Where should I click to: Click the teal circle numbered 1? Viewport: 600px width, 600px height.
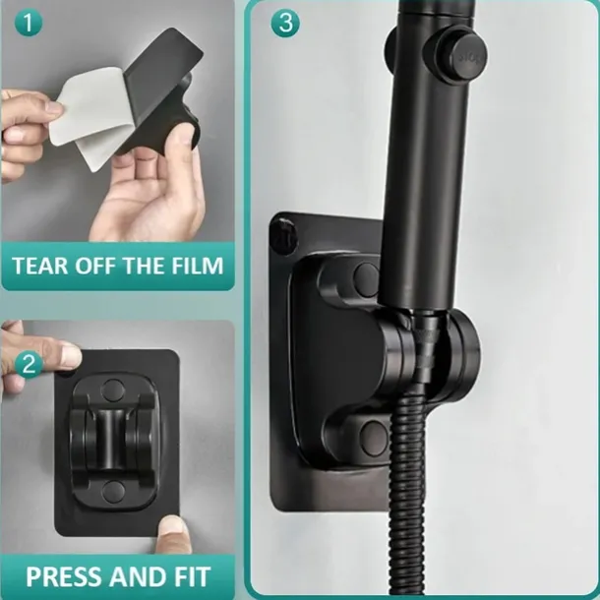(x=29, y=24)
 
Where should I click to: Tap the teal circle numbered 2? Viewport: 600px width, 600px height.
(x=30, y=365)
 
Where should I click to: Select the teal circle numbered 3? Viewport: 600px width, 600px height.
(x=285, y=24)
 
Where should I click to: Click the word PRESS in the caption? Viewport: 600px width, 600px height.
(x=64, y=576)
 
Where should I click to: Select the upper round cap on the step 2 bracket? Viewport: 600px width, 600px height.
(x=113, y=390)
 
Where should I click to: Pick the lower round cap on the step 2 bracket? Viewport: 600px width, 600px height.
(x=113, y=492)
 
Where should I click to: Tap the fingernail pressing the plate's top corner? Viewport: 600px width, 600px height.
(x=70, y=355)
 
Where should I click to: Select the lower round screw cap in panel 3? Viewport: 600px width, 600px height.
(x=372, y=438)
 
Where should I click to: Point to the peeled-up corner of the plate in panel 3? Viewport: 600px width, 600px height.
(x=284, y=233)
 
